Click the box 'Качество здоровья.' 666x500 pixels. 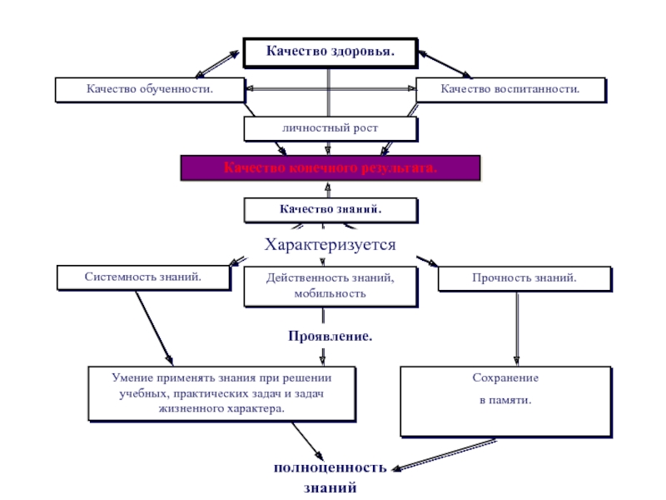[330, 52]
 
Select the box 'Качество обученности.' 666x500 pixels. [149, 88]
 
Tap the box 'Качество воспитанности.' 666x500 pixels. [510, 88]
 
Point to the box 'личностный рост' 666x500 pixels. [329, 128]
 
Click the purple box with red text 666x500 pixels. [331, 167]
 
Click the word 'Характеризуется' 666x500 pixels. [330, 245]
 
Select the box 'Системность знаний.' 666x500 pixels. [143, 277]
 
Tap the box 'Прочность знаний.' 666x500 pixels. [524, 277]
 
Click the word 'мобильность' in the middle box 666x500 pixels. [330, 294]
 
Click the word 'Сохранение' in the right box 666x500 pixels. [506, 378]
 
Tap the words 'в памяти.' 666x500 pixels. [505, 401]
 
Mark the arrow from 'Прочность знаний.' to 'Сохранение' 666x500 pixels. [518, 327]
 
